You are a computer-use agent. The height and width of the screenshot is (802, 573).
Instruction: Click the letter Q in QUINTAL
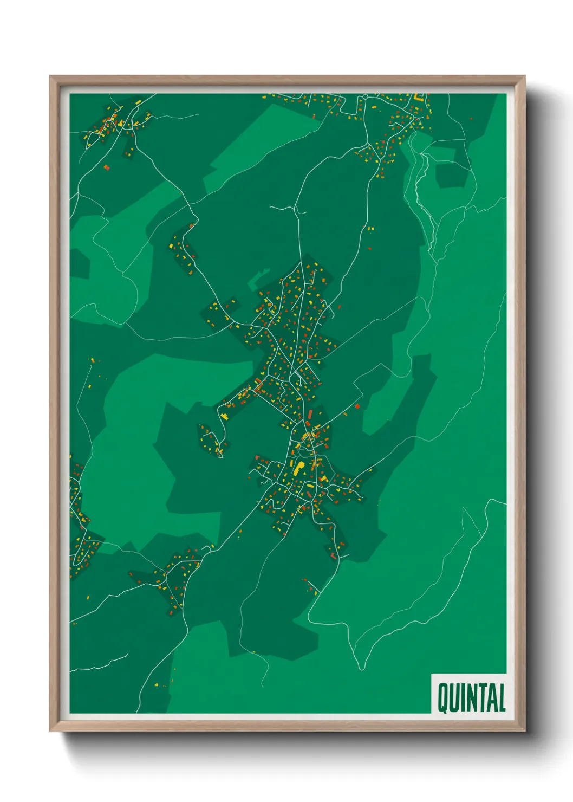tap(442, 698)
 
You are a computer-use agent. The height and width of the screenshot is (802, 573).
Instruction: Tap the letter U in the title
tap(455, 698)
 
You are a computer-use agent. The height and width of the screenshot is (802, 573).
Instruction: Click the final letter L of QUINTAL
tap(502, 698)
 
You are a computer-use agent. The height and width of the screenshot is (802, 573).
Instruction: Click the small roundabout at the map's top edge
tap(366, 96)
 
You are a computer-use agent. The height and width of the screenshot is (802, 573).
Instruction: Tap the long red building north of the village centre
tap(310, 416)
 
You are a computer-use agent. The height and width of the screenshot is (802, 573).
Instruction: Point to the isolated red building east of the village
tap(357, 405)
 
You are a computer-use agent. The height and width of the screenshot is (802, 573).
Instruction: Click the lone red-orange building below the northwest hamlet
tap(106, 167)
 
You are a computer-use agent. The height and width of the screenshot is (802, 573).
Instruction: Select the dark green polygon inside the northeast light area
tap(451, 174)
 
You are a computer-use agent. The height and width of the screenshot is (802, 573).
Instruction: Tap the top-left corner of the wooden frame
tap(51, 77)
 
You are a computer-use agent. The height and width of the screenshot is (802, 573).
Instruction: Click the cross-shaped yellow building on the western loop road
tap(223, 416)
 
